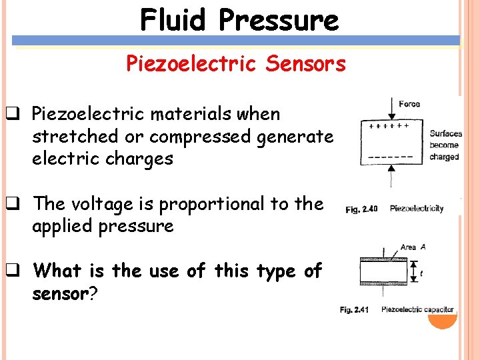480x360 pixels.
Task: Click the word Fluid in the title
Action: pyautogui.click(x=173, y=20)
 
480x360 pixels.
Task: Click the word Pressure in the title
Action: pyautogui.click(x=278, y=20)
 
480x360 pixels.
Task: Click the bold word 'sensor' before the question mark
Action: pyautogui.click(x=60, y=293)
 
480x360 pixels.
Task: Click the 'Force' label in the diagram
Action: pyautogui.click(x=409, y=104)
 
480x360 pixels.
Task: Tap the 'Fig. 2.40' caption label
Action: pyautogui.click(x=361, y=209)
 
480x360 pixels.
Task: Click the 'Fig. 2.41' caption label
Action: pyautogui.click(x=355, y=309)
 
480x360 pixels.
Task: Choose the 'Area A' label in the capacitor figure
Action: pyautogui.click(x=413, y=247)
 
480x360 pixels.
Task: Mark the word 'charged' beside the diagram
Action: pyautogui.click(x=444, y=157)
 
